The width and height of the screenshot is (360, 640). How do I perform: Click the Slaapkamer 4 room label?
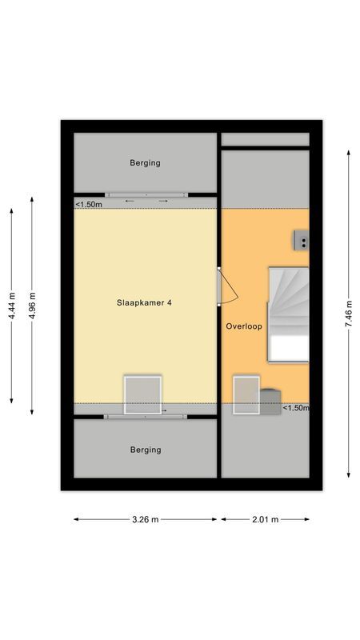(145, 302)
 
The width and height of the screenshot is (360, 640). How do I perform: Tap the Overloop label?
(244, 326)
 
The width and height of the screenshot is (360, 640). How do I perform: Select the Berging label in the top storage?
(145, 163)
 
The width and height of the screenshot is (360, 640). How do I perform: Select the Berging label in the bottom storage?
(145, 450)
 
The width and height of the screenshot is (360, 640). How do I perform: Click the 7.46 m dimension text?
(349, 314)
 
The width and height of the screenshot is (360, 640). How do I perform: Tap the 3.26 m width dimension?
(145, 519)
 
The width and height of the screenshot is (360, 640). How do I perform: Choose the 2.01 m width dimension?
(265, 519)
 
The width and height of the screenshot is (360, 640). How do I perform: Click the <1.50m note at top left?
(89, 205)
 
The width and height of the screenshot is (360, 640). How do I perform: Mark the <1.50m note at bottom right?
(295, 408)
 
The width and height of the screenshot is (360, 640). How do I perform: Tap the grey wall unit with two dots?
(302, 239)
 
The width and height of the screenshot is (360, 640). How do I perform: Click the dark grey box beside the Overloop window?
(270, 398)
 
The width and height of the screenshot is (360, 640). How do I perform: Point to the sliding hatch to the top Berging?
(146, 194)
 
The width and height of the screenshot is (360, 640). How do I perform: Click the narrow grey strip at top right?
(265, 140)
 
